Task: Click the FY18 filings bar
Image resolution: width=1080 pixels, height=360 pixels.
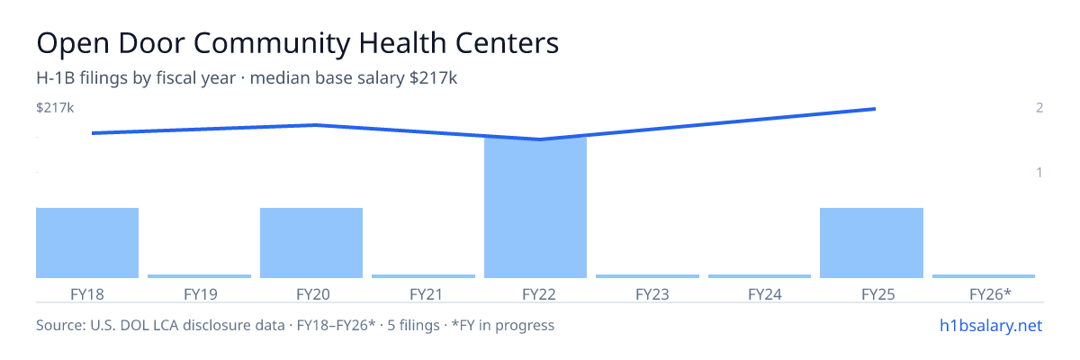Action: [87, 243]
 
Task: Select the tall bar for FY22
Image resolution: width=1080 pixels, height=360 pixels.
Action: [535, 208]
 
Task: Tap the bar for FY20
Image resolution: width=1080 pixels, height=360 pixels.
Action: [311, 243]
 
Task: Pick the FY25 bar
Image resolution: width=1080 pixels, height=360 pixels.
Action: [872, 243]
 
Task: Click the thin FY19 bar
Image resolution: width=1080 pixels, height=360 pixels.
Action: [200, 276]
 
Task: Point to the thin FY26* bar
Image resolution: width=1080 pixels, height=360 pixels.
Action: [984, 276]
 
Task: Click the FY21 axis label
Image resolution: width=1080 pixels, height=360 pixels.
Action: [427, 294]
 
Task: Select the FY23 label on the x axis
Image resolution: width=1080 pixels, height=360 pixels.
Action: [652, 294]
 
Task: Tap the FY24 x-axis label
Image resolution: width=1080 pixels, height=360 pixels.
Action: [765, 294]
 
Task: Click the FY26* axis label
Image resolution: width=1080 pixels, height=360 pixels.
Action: [990, 293]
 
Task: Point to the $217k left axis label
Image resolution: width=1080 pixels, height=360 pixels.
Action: [55, 107]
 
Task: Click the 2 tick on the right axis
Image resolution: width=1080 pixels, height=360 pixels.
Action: [1039, 107]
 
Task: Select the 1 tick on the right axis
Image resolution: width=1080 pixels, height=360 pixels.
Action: [1039, 172]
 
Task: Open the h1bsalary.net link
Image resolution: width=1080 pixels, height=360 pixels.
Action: [991, 325]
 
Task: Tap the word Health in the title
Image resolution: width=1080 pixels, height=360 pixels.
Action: [402, 42]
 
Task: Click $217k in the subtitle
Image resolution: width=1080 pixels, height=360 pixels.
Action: [433, 77]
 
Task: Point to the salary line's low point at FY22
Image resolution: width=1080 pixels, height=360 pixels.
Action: [539, 139]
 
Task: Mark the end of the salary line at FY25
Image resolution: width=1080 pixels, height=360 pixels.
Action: [875, 109]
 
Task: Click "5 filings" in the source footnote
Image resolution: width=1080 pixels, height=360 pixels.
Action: [413, 325]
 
